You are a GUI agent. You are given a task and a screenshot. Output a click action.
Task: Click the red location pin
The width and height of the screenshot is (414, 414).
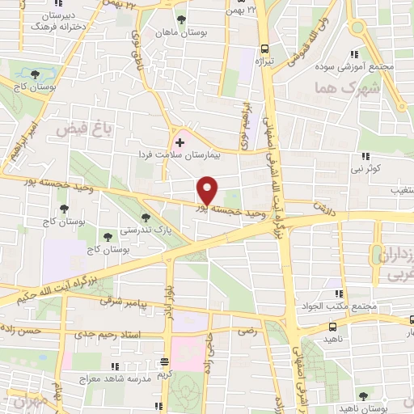tap(208, 191)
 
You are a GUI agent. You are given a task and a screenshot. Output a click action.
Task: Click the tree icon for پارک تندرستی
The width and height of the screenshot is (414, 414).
tap(146, 217)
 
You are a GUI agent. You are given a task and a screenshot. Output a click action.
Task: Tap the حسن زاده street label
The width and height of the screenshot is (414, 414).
tap(21, 332)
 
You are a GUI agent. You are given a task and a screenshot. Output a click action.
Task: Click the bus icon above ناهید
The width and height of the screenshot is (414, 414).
tap(332, 327)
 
